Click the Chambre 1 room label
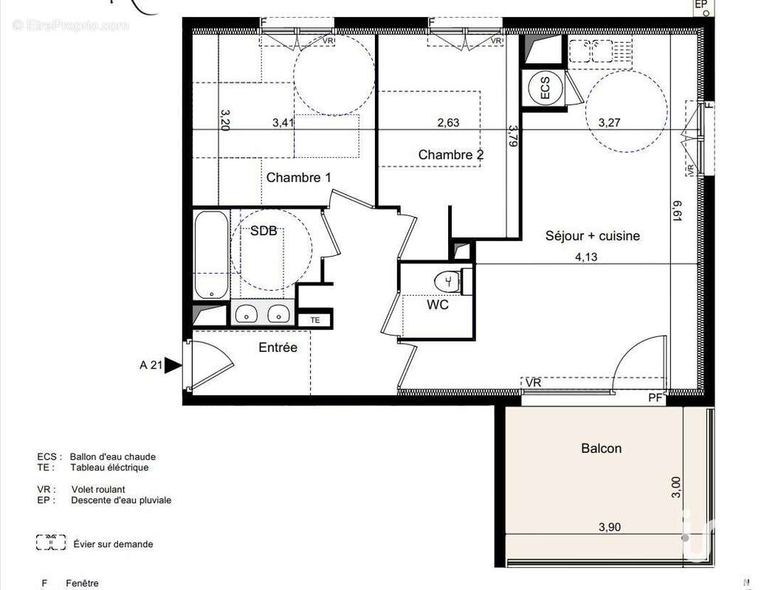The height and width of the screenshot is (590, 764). [x=298, y=178]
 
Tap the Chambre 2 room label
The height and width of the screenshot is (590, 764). [x=450, y=155]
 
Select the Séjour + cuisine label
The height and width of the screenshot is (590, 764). [x=592, y=236]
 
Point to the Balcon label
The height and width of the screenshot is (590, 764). [x=601, y=448]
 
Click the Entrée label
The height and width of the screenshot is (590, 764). [x=278, y=347]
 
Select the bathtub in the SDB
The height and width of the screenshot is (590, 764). [x=211, y=254]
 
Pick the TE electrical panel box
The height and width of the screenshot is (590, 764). [x=315, y=320]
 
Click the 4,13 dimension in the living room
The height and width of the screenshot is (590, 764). [x=586, y=257]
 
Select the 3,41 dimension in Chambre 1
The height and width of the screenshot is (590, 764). [x=283, y=123]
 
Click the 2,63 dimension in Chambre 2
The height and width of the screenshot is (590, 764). [x=448, y=123]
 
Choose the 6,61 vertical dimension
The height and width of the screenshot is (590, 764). [x=677, y=210]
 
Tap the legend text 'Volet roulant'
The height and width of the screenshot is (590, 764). [x=98, y=489]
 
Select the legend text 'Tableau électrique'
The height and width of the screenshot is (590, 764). [x=109, y=468]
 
